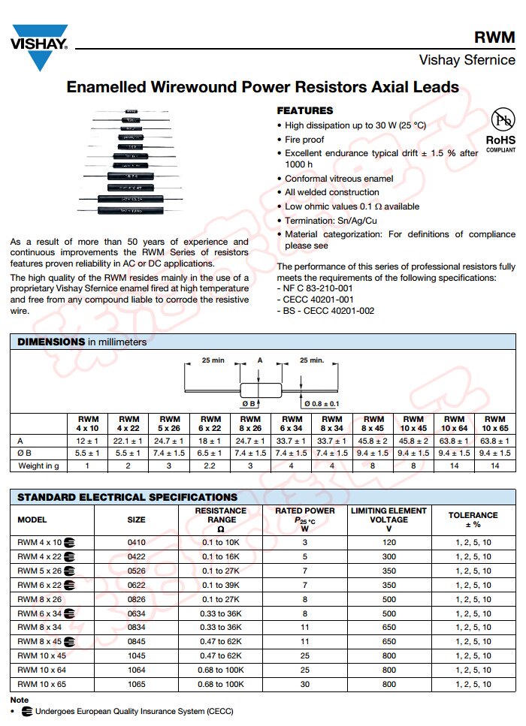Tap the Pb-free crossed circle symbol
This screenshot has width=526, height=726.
coord(501,120)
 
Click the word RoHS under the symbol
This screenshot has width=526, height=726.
coord(500,140)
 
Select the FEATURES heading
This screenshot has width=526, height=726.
coord(304,110)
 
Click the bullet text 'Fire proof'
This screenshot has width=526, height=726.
coord(304,140)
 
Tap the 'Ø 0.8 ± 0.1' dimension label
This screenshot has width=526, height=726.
coord(322,404)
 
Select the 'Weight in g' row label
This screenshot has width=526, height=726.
coord(38,466)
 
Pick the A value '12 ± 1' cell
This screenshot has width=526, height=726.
coord(88,440)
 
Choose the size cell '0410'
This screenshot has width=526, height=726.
coord(136,543)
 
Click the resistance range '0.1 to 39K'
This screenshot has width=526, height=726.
coord(220,585)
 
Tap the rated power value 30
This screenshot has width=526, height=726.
coord(304,685)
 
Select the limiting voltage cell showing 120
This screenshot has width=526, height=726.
coord(388,543)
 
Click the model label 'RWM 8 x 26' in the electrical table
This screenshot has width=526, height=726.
coord(38,599)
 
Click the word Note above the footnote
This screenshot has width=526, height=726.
coord(20,700)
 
